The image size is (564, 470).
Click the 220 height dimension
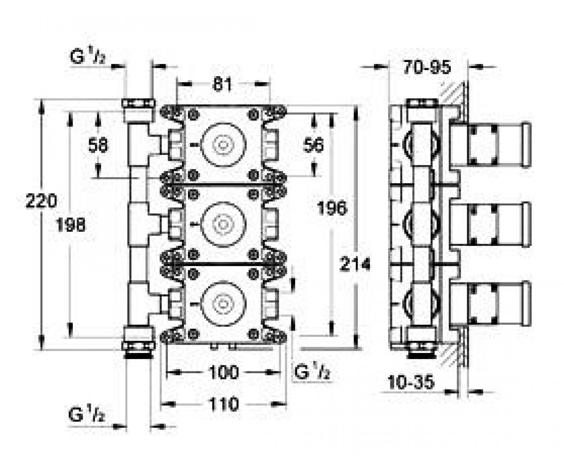click(x=41, y=201)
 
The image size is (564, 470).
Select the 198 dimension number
click(x=71, y=225)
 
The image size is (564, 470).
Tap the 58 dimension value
click(x=98, y=145)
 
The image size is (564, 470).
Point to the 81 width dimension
click(x=222, y=84)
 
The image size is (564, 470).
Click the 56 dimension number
click(x=313, y=145)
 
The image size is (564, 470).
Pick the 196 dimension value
click(x=332, y=208)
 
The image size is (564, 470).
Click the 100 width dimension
click(x=224, y=373)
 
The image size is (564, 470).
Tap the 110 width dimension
click(x=224, y=404)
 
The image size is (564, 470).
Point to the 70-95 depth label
click(x=427, y=67)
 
